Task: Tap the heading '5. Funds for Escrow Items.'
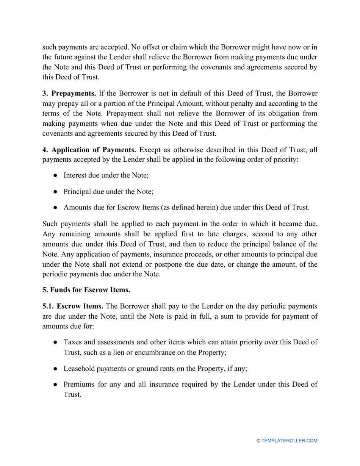pos(86,290)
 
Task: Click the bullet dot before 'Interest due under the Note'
pos(55,175)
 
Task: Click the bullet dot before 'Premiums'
pos(55,384)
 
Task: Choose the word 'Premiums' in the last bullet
pos(78,384)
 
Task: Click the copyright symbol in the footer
pos(258,441)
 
